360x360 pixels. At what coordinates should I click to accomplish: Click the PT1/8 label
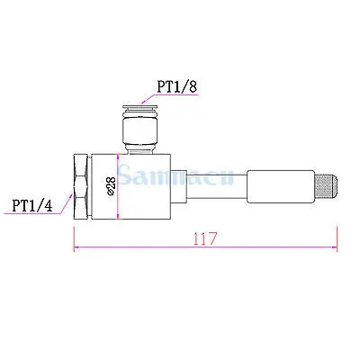point(177,86)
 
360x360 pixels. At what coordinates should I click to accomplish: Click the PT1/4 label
point(32,206)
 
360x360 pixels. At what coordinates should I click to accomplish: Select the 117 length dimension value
point(205,238)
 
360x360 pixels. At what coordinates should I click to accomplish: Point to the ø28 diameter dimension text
point(111,186)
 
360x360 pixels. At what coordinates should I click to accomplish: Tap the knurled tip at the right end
point(326,186)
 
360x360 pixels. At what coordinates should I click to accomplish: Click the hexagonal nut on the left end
point(82,186)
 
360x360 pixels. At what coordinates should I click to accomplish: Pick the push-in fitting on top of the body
point(140,129)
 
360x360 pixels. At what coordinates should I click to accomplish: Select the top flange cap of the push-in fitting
point(140,107)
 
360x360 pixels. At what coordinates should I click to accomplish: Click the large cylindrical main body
point(130,186)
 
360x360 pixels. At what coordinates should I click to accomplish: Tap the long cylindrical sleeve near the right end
point(281,186)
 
